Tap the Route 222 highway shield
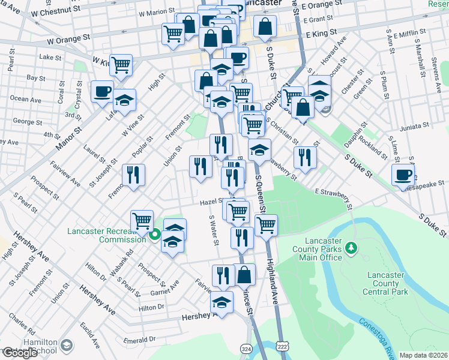point(283,347)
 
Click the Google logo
point(20,353)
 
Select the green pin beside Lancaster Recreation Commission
point(154,235)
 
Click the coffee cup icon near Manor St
point(102,91)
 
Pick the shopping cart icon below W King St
point(121,64)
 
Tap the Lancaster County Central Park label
point(385,283)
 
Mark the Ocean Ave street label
point(26,99)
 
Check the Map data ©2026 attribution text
point(423,355)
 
